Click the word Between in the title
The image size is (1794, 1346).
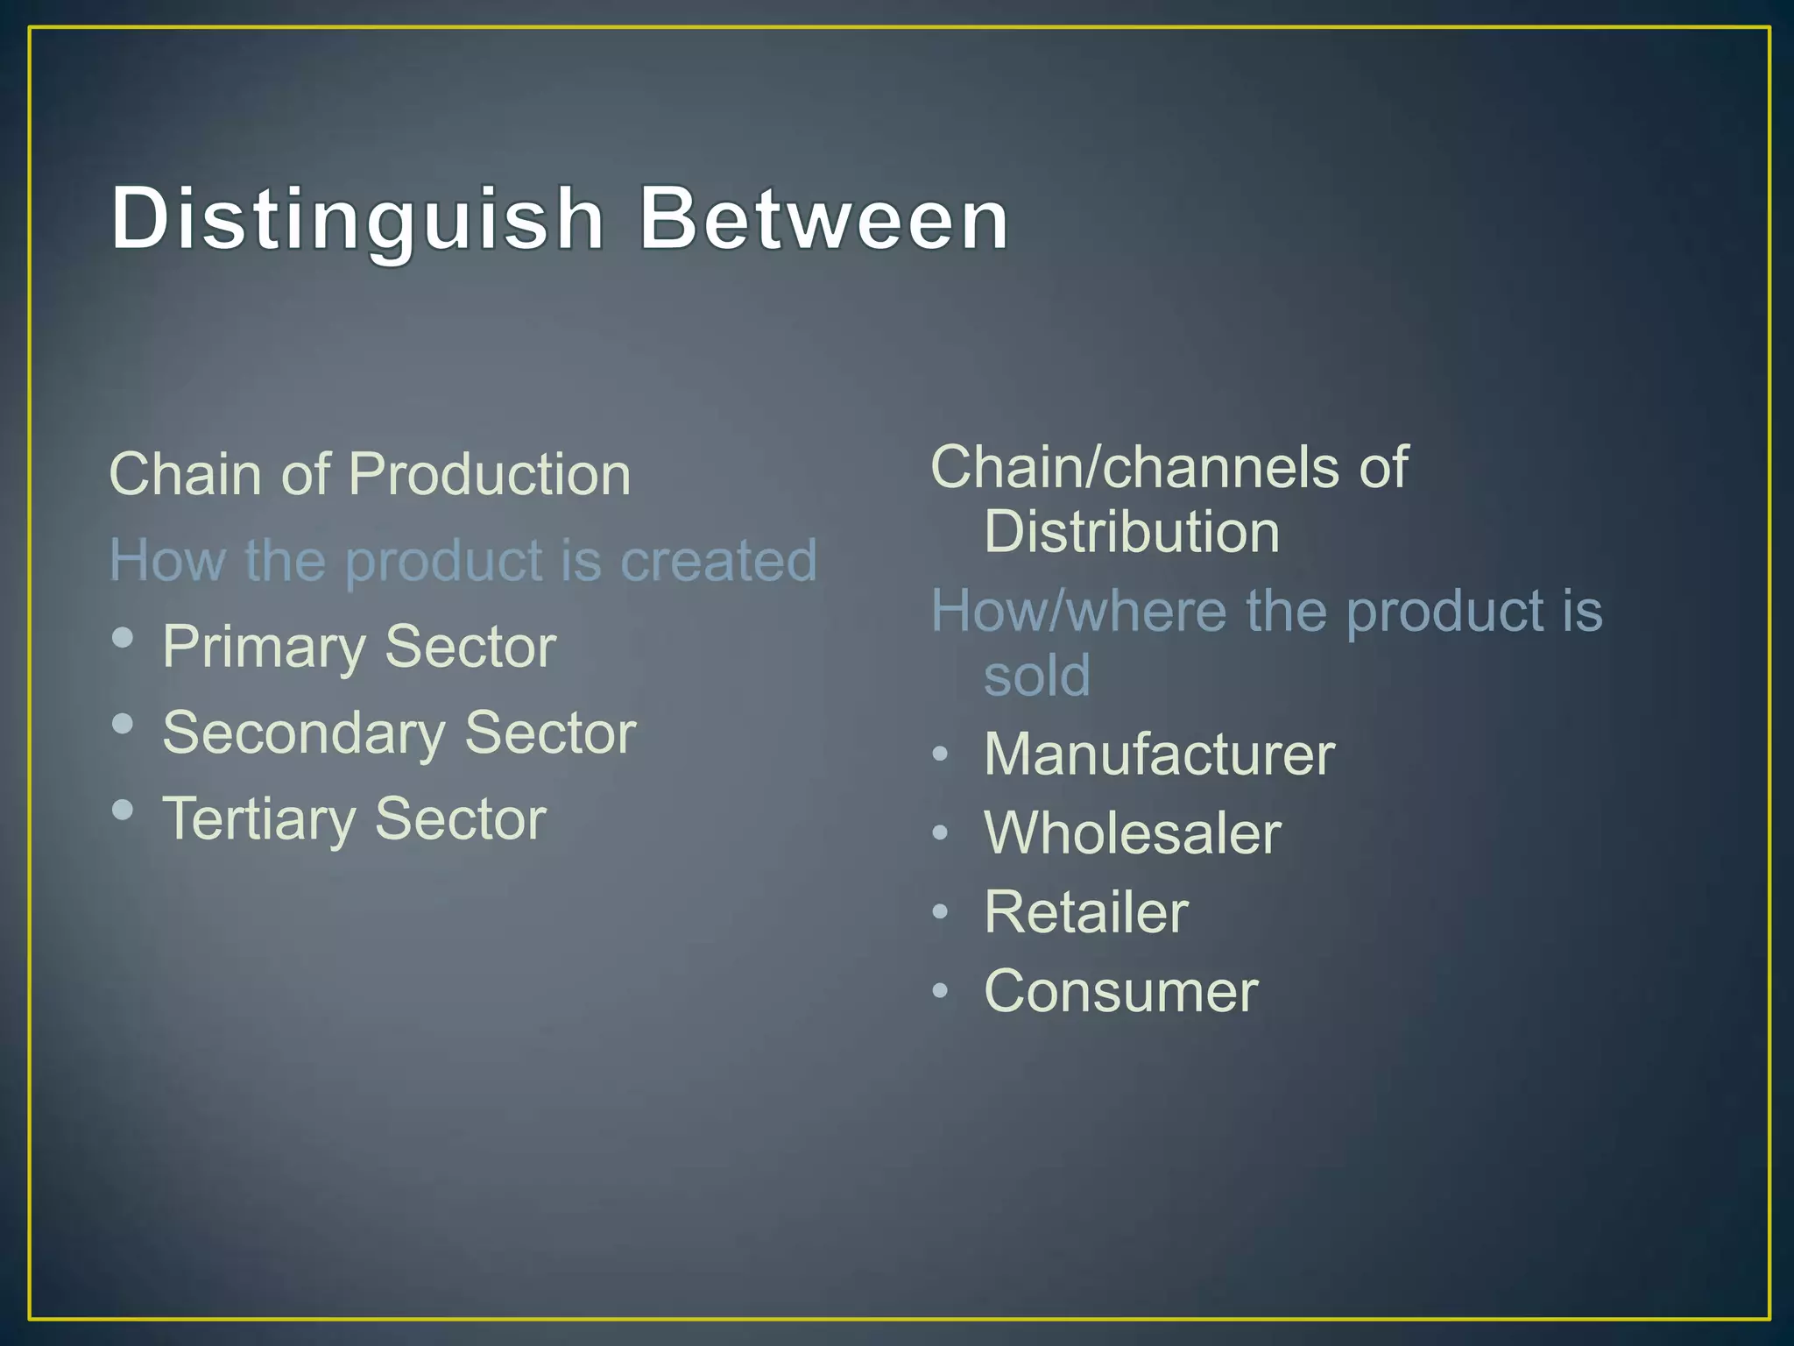[823, 219]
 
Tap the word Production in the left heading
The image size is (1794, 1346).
[490, 475]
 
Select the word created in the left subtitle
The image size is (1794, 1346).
[718, 561]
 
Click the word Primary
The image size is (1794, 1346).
[263, 648]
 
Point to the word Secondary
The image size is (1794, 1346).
[303, 733]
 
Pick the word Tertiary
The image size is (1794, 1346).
[258, 819]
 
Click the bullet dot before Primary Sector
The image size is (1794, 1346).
[124, 637]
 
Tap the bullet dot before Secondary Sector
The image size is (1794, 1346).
[124, 724]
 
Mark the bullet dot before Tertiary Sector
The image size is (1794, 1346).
[124, 809]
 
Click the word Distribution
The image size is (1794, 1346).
[1131, 532]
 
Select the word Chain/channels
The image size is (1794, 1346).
[1134, 467]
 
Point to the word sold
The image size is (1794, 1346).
[1037, 676]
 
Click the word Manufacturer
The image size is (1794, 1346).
[1159, 754]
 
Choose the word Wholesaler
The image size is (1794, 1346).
[1133, 832]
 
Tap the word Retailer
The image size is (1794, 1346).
[1086, 912]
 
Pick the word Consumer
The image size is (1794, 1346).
[1121, 991]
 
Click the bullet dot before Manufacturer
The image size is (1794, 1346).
[940, 754]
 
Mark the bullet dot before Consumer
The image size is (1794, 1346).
[940, 991]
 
